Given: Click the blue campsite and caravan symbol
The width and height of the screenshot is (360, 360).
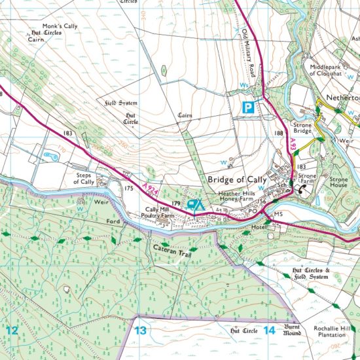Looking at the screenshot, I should click(194, 205).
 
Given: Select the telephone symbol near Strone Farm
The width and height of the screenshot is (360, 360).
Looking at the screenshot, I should click(302, 190).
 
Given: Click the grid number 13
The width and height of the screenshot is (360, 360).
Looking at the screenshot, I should click(140, 331).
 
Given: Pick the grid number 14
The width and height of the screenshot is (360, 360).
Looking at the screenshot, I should click(269, 331).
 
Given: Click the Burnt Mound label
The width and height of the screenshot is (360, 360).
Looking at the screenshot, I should click(293, 330).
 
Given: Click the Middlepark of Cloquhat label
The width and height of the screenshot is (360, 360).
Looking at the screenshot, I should click(333, 71).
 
